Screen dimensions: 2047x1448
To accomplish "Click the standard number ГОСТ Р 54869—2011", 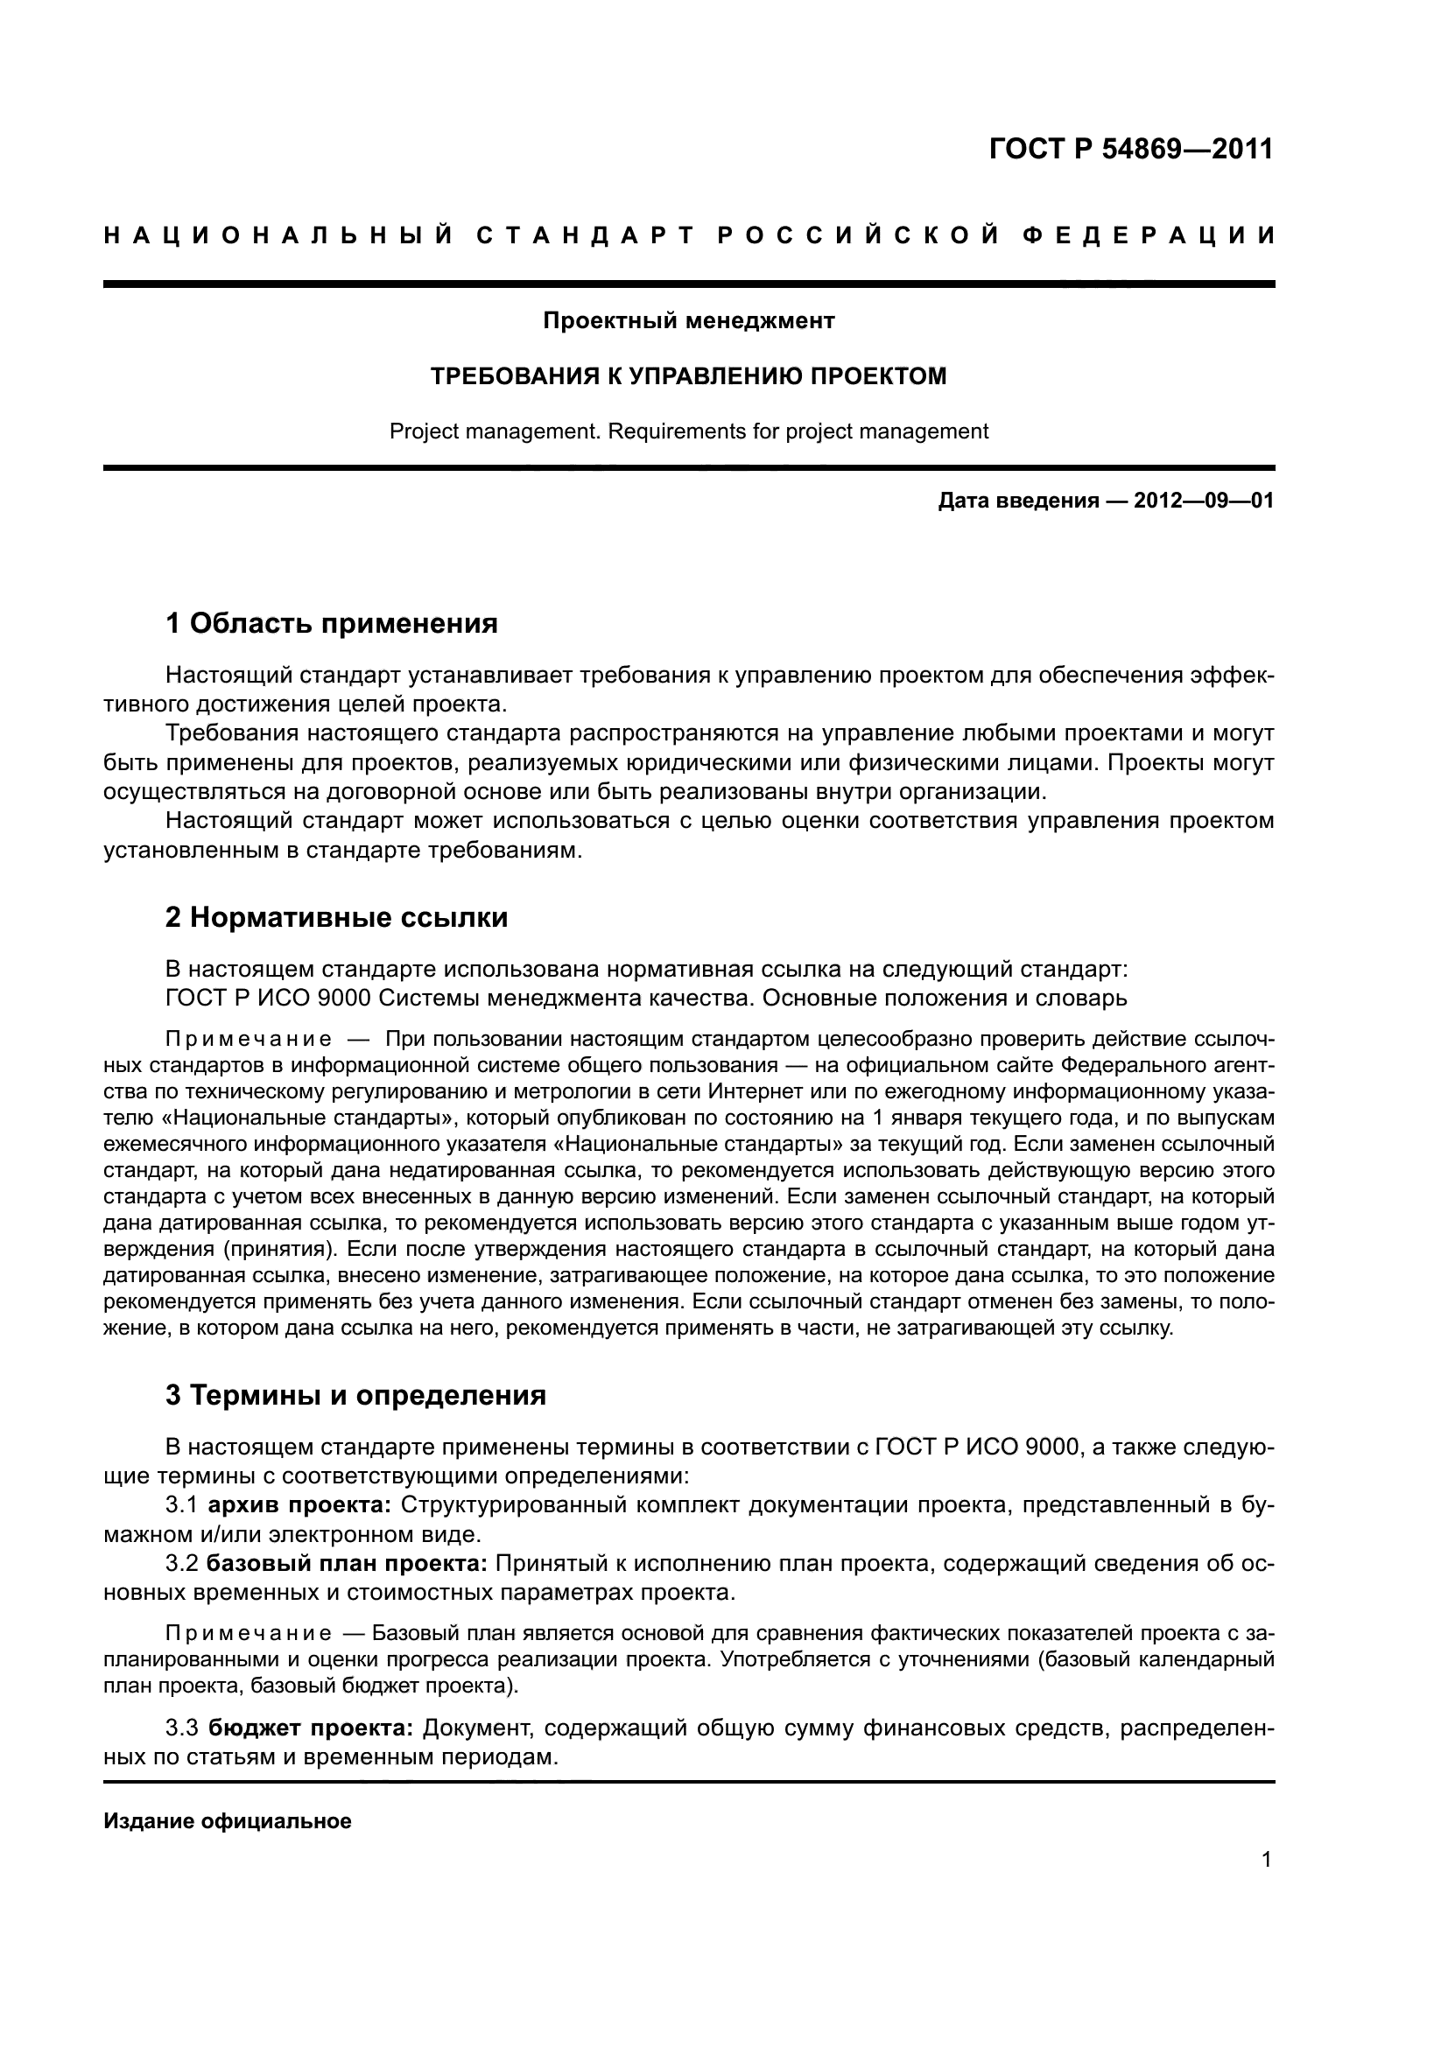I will (1130, 149).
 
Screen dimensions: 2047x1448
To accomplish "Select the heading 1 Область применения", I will (331, 623).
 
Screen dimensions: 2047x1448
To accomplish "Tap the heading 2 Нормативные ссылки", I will (336, 917).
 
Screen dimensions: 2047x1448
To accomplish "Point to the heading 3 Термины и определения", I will (355, 1394).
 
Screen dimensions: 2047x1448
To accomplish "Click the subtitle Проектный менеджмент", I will (688, 320).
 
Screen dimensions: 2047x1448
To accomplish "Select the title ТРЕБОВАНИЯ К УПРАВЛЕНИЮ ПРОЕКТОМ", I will (688, 376).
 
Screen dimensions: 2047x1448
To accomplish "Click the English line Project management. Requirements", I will (688, 431).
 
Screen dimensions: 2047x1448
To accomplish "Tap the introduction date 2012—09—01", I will (1204, 501).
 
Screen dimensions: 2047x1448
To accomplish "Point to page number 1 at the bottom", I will (1267, 1859).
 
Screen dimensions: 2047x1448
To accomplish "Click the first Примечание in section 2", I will (249, 1040).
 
